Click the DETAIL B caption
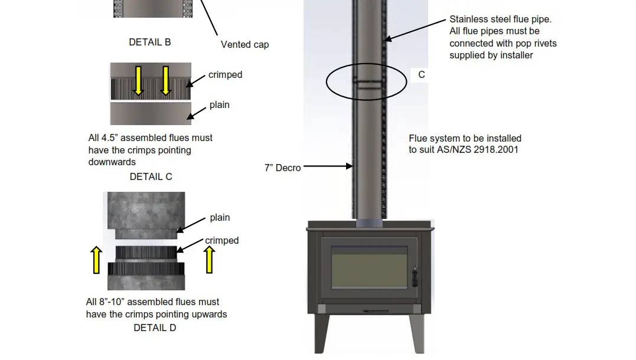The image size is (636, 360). click(x=150, y=42)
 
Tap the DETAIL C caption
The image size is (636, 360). click(x=151, y=176)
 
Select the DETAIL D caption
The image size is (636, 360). click(x=155, y=328)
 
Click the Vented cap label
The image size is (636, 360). click(x=244, y=44)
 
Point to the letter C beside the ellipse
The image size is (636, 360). click(x=421, y=75)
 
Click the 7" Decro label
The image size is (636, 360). click(x=282, y=168)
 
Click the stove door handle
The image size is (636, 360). click(x=414, y=277)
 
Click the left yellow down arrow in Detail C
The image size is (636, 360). click(x=138, y=81)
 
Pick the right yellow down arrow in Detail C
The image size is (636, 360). click(x=166, y=81)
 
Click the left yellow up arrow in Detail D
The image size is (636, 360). click(x=96, y=260)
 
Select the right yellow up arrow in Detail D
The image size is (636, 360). click(x=208, y=260)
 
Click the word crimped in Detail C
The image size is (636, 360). click(x=225, y=75)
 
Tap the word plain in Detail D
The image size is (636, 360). click(x=220, y=218)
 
